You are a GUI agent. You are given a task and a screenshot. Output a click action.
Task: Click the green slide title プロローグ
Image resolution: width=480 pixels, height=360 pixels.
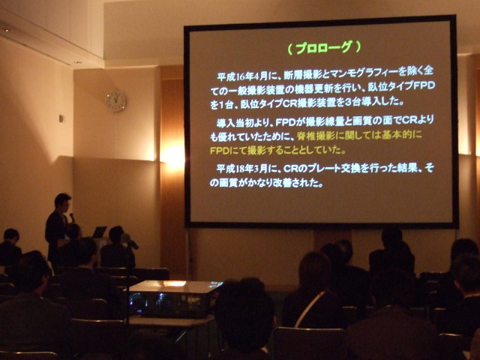pos(323,47)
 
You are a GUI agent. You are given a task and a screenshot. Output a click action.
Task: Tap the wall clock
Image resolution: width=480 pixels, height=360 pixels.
pos(115,101)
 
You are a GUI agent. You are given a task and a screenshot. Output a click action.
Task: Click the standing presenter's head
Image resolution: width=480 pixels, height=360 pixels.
pos(62,202)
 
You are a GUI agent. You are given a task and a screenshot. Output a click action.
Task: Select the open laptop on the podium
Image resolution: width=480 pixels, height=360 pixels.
pos(99,232)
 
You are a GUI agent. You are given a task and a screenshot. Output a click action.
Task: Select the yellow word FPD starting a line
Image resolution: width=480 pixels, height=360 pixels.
pos(222,149)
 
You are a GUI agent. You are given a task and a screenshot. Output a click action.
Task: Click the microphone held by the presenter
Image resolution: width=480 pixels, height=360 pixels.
pos(72,217)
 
